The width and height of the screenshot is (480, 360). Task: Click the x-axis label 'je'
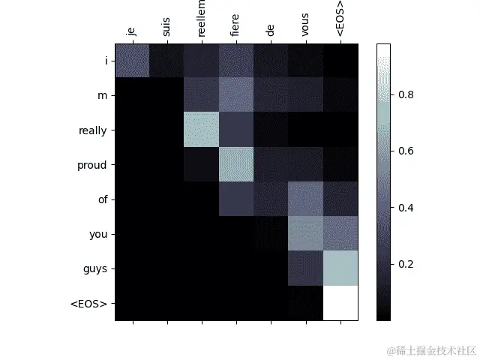(x=132, y=31)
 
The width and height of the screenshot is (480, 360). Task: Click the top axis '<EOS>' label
(x=340, y=21)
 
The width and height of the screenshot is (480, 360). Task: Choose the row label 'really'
(x=91, y=130)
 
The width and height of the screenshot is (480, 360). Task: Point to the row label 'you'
(x=98, y=234)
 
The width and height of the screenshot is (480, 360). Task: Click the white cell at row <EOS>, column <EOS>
(x=340, y=303)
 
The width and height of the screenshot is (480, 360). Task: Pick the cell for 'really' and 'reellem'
(x=201, y=130)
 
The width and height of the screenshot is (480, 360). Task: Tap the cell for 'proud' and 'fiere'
(x=235, y=164)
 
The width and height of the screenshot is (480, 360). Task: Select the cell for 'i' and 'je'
(x=132, y=61)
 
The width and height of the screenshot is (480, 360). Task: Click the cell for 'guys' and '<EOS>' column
(x=340, y=268)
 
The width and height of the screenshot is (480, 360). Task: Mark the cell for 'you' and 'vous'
(x=305, y=234)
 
